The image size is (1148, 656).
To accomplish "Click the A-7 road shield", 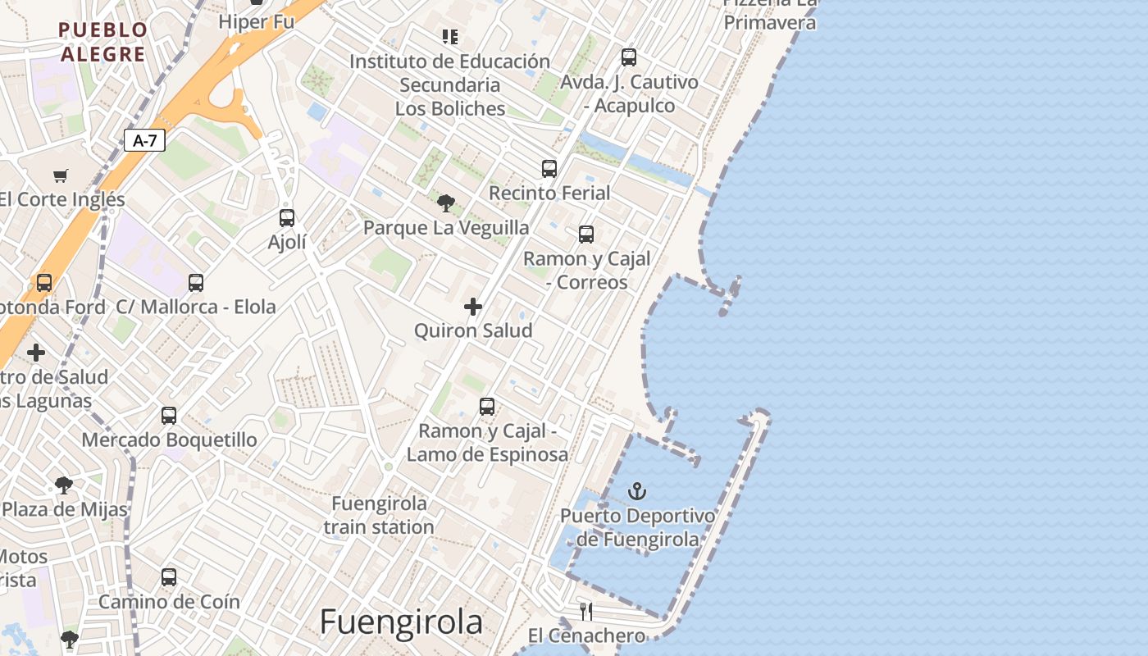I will click(145, 140).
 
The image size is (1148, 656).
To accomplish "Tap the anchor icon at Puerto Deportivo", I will click(636, 491).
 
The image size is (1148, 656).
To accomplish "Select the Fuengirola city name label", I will click(401, 622).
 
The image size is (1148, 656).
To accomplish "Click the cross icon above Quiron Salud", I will click(473, 307).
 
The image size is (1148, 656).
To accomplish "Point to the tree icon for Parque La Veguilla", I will click(446, 203).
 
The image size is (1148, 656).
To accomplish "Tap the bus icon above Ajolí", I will click(286, 217).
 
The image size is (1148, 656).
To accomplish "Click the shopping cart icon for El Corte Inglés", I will click(61, 175).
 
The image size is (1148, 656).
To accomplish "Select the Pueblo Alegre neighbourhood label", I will click(103, 42).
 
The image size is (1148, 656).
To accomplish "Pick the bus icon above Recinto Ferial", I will click(549, 168).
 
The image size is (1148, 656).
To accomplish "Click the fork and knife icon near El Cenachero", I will click(586, 611).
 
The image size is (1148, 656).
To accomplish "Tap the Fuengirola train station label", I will click(379, 515).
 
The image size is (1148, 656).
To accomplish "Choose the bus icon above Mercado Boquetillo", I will click(169, 415).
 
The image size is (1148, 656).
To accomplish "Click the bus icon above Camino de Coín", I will click(169, 576).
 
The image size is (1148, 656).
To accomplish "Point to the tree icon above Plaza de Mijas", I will click(64, 485).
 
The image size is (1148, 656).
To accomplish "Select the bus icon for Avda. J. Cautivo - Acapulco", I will click(629, 57).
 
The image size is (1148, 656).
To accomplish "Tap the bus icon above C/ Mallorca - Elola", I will click(196, 282).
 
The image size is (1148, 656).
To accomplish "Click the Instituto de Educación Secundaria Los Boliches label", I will click(449, 84).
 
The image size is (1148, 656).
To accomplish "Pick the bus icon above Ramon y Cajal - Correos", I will click(586, 234).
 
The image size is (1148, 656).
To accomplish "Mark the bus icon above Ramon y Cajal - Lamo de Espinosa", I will click(487, 406).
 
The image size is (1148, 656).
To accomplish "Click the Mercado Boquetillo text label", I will click(169, 440).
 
